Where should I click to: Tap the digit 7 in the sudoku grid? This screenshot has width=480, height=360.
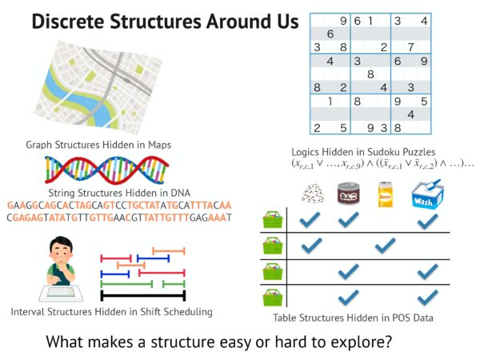coord(410,47)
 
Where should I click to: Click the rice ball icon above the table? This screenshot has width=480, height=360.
coord(313,194)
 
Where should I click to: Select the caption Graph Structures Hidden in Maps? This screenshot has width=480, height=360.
coord(98,145)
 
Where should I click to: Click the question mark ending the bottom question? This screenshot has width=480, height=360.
coord(389,342)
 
